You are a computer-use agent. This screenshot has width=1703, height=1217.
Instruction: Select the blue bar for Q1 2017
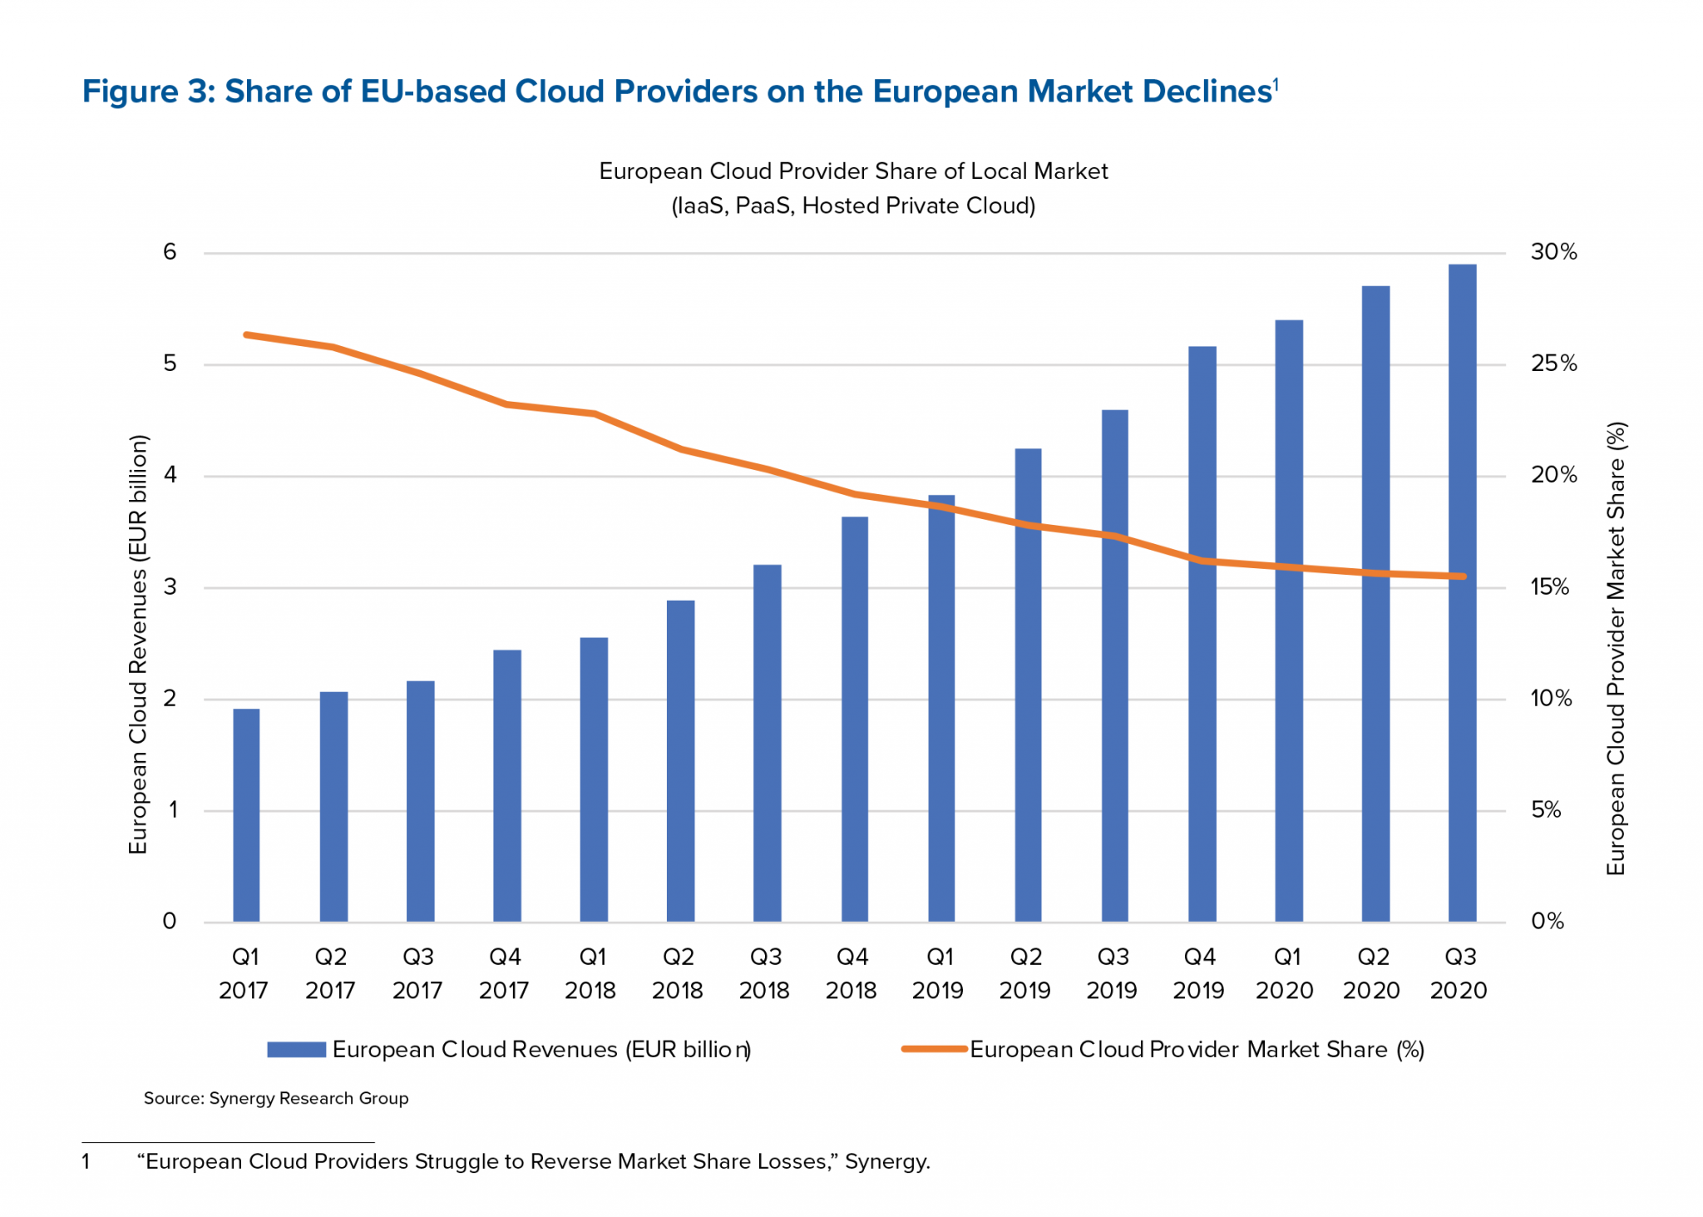point(246,815)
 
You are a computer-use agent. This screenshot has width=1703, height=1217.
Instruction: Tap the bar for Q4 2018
point(854,720)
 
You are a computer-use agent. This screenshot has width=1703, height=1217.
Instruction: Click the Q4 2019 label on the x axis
point(1199,972)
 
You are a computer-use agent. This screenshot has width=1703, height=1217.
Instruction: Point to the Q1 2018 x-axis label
point(591,972)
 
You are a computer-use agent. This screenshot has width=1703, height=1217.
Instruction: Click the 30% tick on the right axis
point(1553,252)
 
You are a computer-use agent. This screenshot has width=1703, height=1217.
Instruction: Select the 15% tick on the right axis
point(1549,587)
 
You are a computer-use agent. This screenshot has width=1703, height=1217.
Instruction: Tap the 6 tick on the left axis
point(170,252)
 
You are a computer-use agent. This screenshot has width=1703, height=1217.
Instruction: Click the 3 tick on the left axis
point(170,587)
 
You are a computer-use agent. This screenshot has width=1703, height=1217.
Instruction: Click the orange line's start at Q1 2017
point(246,335)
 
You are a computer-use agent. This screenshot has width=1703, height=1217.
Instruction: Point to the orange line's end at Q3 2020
point(1463,576)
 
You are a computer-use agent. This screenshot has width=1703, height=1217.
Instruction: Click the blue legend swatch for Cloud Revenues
point(296,1049)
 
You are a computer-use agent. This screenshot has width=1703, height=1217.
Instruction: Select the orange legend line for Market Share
point(934,1049)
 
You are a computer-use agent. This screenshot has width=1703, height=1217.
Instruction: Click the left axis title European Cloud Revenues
point(138,645)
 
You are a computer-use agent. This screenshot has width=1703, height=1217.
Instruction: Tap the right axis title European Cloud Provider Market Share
point(1615,649)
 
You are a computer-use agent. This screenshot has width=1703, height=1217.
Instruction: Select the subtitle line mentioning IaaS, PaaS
point(853,205)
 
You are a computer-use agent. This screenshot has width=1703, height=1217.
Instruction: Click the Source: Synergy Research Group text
point(276,1098)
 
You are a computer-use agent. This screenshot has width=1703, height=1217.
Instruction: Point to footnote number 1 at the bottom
point(86,1161)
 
